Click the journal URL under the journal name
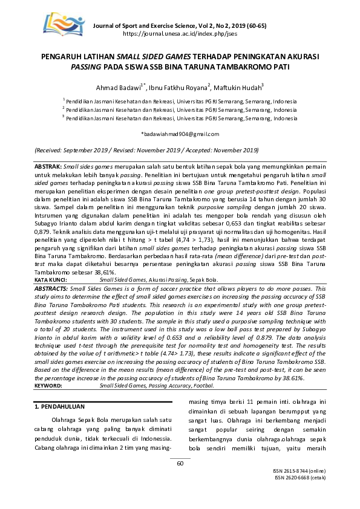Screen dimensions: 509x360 (180, 34)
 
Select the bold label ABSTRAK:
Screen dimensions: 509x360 (48, 166)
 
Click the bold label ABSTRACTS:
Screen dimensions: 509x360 (51, 290)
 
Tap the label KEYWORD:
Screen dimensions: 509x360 (48, 384)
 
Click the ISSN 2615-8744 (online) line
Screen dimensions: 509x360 (300, 487)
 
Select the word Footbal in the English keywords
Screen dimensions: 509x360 (206, 384)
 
